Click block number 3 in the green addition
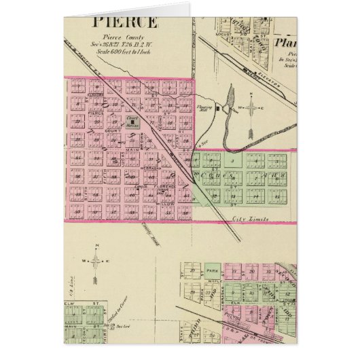pyautogui.click(x=232, y=161)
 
